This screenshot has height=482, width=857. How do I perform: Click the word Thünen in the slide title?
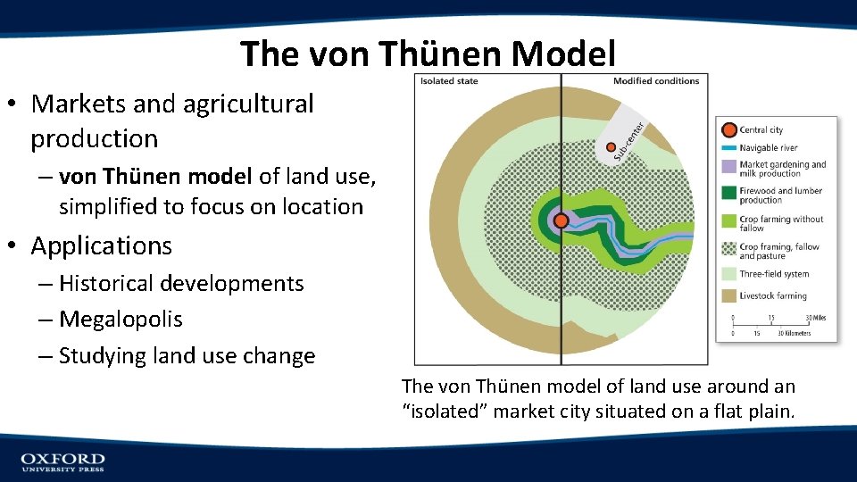[442, 54]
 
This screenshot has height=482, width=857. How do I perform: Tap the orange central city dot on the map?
[561, 220]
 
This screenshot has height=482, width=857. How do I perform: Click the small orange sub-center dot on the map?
[611, 147]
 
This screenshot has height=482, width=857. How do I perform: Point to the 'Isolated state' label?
[449, 81]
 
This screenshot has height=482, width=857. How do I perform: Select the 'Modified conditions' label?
[656, 81]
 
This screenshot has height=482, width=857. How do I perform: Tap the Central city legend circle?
[728, 130]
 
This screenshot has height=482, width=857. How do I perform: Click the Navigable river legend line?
[728, 148]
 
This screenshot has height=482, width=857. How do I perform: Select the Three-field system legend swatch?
[728, 274]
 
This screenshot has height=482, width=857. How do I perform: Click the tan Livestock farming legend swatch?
[728, 295]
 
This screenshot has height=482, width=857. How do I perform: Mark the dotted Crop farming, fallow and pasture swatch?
[728, 250]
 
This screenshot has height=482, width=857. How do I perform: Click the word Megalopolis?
[121, 320]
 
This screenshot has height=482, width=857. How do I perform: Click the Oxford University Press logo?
[62, 461]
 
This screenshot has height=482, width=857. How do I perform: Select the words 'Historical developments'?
[181, 284]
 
